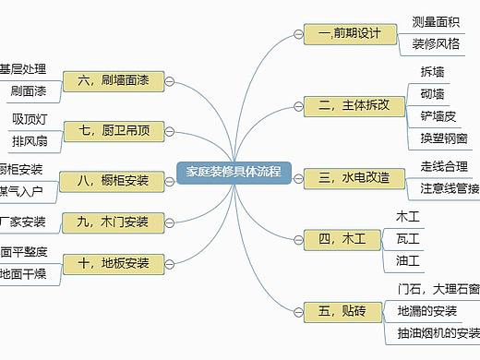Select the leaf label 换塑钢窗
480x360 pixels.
[443, 138]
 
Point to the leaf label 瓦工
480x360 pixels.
[407, 239]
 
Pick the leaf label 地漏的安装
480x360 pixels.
[427, 310]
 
